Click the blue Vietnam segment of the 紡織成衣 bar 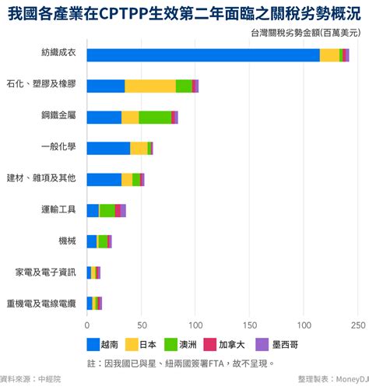(202, 54)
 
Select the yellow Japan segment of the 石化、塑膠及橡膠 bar (150, 86)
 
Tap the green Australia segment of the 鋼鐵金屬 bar (155, 117)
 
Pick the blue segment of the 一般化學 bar (108, 148)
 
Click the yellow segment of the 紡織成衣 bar (329, 54)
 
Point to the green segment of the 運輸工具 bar (107, 210)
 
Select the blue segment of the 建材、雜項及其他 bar (104, 179)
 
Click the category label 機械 (67, 241)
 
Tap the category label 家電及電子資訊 (45, 272)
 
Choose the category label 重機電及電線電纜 (40, 303)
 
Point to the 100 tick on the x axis (195, 325)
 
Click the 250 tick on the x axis (358, 325)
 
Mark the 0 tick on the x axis (87, 325)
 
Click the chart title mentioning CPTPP (184, 13)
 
